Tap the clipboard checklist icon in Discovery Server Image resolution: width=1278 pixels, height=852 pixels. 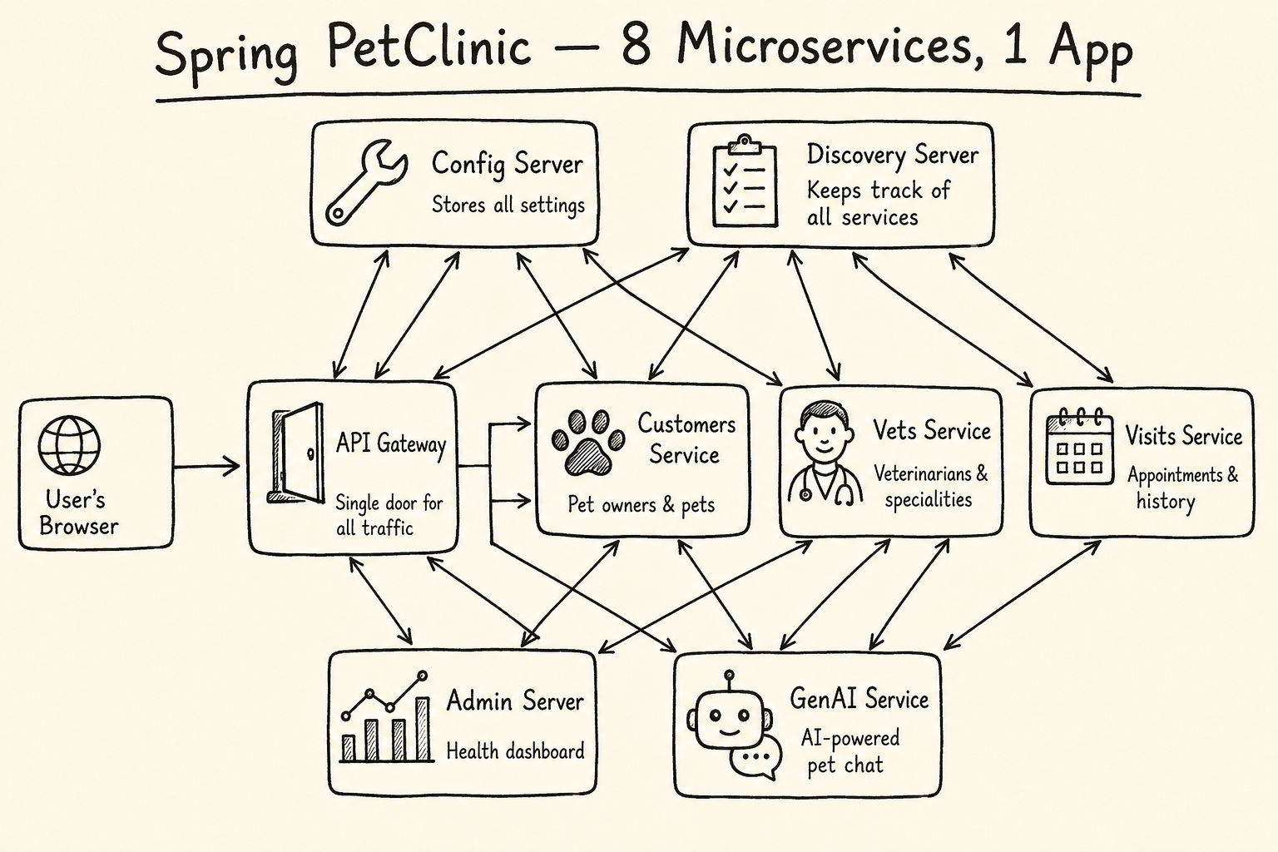(745, 181)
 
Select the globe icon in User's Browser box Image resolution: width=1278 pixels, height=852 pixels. (70, 445)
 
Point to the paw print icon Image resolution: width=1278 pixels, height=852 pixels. (587, 443)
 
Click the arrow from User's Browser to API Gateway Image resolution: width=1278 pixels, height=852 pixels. (206, 466)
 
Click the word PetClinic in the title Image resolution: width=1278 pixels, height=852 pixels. (429, 47)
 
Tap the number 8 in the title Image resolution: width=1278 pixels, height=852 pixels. (637, 46)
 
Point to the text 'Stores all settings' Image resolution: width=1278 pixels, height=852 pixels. (508, 205)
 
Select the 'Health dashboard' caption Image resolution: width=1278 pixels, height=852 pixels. (515, 751)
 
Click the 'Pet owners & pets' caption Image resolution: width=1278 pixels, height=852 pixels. (641, 505)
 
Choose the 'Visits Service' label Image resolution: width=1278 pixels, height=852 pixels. (1183, 437)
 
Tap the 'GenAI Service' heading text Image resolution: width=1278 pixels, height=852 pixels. (859, 699)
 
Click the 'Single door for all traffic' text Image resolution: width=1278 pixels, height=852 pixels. (389, 515)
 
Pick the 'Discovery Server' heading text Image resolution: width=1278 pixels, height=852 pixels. (892, 156)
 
